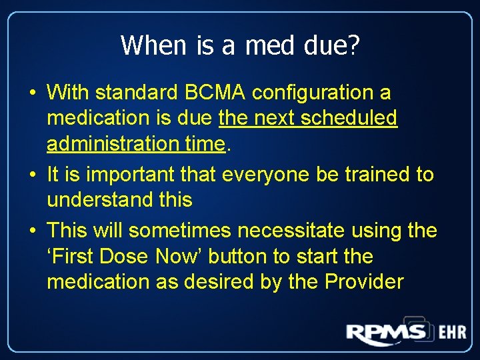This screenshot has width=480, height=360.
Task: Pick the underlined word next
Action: coord(271,118)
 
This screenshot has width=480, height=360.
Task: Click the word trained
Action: coord(377,175)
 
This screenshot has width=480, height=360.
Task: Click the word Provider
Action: coord(364,281)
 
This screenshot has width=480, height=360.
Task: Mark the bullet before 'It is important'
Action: coord(32,175)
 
